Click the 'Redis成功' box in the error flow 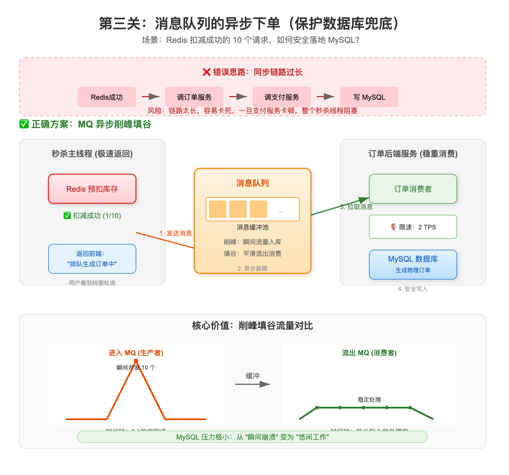107,97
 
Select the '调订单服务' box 194,97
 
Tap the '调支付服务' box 282,97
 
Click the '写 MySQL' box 369,97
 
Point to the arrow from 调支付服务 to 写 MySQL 325,97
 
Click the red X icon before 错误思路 207,72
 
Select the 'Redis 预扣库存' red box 92,189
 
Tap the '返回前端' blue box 92,259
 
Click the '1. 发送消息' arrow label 176,233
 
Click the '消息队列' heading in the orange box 252,183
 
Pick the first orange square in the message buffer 217,209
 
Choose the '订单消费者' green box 413,189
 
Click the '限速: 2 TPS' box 413,227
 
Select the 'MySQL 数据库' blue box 413,264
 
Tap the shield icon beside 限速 394,227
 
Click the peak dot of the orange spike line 136,361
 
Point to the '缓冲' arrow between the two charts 252,384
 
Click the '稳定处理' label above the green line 369,399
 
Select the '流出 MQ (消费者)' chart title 369,353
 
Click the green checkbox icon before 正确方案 24,124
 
